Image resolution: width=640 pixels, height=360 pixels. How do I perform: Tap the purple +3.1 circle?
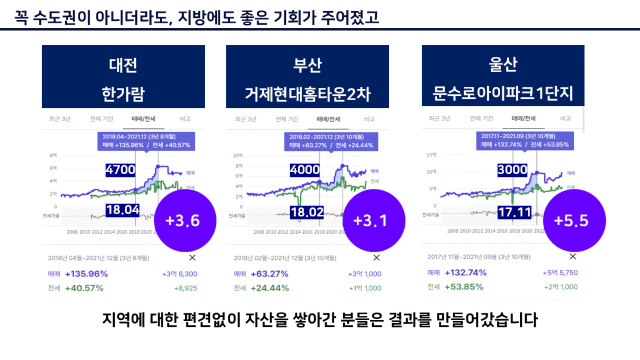click(x=370, y=220)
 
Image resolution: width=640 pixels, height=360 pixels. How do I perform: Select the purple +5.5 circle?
click(x=571, y=220)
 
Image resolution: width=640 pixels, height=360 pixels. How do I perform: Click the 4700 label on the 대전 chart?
click(x=121, y=169)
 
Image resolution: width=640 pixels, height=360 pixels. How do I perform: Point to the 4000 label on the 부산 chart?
click(x=305, y=169)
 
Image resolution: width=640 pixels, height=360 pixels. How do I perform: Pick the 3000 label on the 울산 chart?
click(x=512, y=169)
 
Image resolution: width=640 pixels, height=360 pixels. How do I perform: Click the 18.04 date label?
click(x=123, y=210)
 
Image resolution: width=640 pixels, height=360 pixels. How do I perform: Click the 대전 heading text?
click(x=123, y=66)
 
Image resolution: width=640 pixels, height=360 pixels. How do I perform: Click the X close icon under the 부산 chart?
click(x=376, y=258)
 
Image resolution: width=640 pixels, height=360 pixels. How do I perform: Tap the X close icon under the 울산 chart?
click(x=573, y=256)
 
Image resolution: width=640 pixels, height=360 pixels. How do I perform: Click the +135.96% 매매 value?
click(x=86, y=274)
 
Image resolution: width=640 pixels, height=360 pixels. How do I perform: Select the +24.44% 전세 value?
click(x=269, y=288)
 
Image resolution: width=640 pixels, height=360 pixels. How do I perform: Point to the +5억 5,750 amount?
click(x=560, y=273)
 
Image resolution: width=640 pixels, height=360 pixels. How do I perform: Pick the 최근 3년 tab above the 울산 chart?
click(x=439, y=118)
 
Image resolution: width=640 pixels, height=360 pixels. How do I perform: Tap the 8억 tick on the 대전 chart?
click(x=53, y=155)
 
